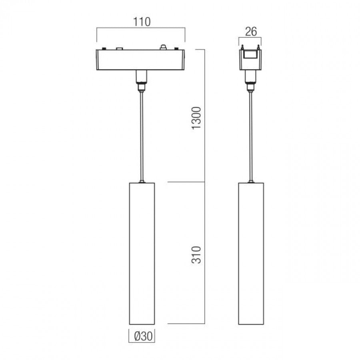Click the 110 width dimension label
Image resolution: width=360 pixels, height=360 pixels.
pyautogui.click(x=142, y=22)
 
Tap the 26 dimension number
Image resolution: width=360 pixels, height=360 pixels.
pyautogui.click(x=251, y=32)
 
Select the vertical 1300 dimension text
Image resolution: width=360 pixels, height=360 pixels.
pyautogui.click(x=196, y=118)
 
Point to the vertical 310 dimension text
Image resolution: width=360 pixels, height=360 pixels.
pyautogui.click(x=196, y=255)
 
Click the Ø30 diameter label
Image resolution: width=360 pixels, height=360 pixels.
pyautogui.click(x=143, y=336)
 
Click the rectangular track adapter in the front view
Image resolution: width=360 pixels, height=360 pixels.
pyautogui.click(x=140, y=60)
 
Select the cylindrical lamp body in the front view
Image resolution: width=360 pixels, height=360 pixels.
pyautogui.click(x=142, y=254)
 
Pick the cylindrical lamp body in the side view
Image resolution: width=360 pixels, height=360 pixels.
pyautogui.click(x=251, y=254)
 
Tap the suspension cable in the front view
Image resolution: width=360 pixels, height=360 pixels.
pyautogui.click(x=142, y=136)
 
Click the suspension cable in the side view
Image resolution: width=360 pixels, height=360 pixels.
pyautogui.click(x=251, y=136)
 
